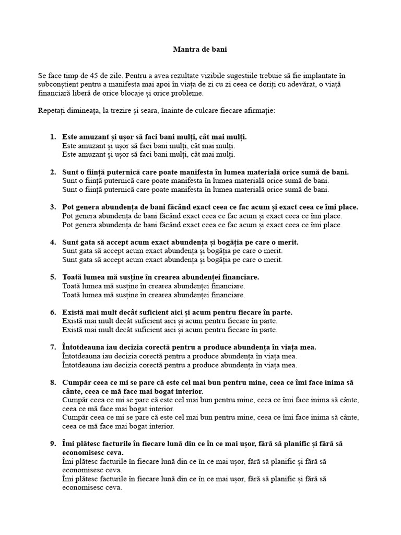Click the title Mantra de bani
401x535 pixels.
[x=200, y=50]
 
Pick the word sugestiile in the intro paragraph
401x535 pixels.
[x=253, y=76]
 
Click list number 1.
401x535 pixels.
[x=53, y=137]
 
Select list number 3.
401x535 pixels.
[x=53, y=207]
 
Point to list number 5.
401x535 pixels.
[x=53, y=277]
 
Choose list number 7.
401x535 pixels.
[x=53, y=347]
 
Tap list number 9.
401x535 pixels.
[x=53, y=444]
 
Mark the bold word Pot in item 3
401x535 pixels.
[x=68, y=207]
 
